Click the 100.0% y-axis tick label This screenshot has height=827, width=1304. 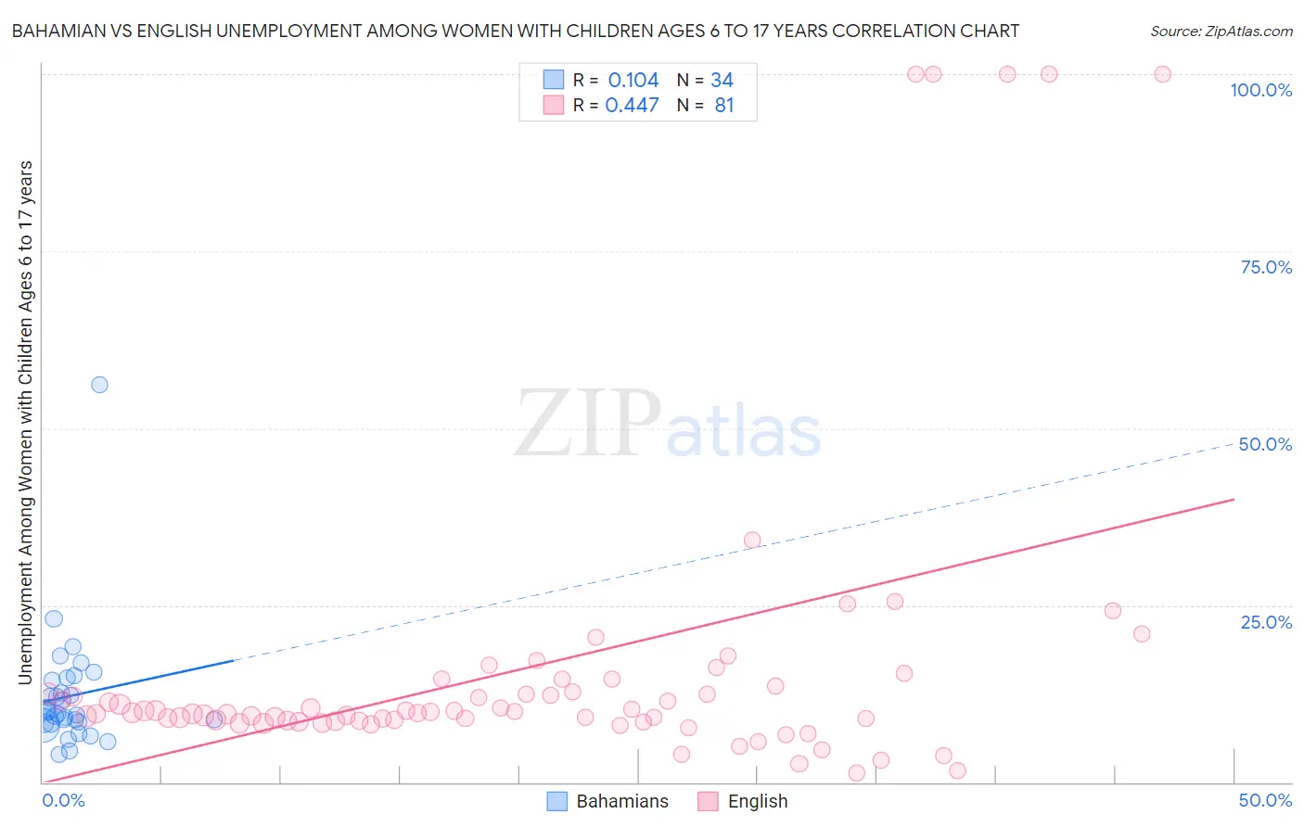click(x=1260, y=90)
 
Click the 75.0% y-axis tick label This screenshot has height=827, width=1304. click(x=1266, y=267)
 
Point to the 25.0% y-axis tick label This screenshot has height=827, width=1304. click(x=1266, y=622)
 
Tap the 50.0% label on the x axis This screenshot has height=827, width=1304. click(x=1265, y=800)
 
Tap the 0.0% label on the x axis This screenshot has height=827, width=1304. click(x=64, y=800)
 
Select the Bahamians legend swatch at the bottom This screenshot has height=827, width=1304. click(x=557, y=801)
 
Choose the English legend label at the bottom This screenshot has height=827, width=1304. click(x=758, y=801)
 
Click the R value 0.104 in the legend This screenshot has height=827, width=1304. click(x=633, y=81)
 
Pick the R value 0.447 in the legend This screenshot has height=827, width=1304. click(x=632, y=106)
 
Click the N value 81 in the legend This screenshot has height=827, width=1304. click(x=724, y=106)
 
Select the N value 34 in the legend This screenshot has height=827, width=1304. click(x=722, y=81)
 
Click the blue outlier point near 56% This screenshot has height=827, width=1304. click(x=99, y=385)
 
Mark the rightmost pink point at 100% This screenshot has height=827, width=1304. click(x=1162, y=74)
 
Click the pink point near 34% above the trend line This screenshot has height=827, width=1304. click(x=752, y=541)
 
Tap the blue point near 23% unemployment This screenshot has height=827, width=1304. click(x=54, y=618)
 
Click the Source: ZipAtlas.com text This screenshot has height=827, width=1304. click(x=1221, y=31)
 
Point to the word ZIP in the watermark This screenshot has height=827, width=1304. click(x=587, y=425)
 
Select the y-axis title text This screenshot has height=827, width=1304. click(x=26, y=422)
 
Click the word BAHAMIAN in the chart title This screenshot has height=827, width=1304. click(x=60, y=31)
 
